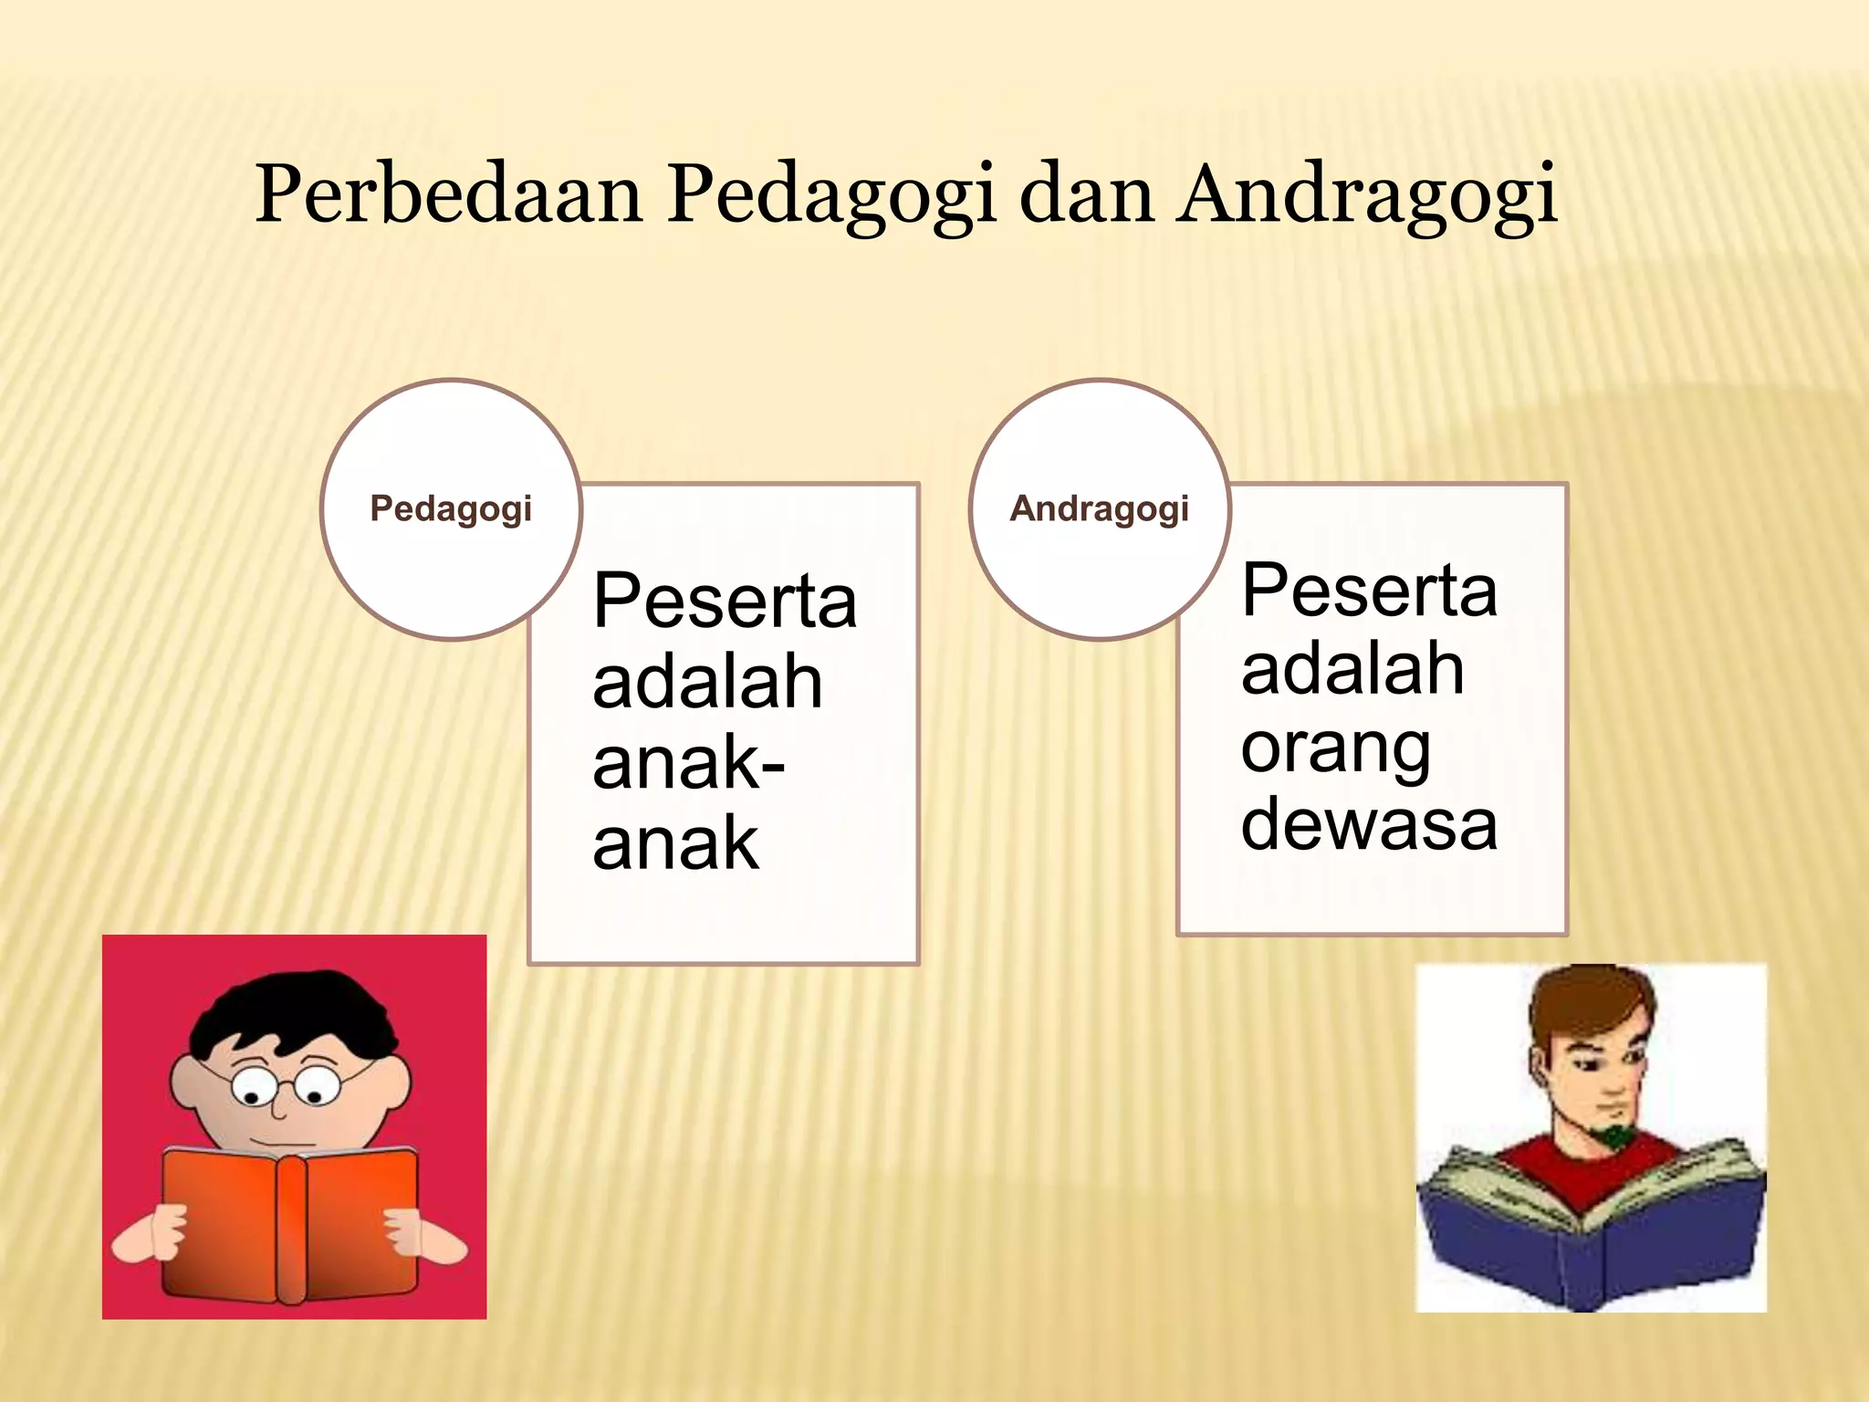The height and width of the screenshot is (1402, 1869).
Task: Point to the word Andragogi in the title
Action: pos(1366,195)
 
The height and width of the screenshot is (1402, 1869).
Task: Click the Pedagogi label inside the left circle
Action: pos(451,509)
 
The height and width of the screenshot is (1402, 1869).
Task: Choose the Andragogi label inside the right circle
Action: pos(1100,509)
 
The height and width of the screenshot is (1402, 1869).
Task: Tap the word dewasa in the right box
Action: pos(1369,825)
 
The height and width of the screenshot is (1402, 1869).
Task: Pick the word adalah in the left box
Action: pos(707,682)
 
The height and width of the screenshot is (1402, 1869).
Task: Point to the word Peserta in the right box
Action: pos(1369,591)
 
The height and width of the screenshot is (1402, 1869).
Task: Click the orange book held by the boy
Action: pos(292,1223)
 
